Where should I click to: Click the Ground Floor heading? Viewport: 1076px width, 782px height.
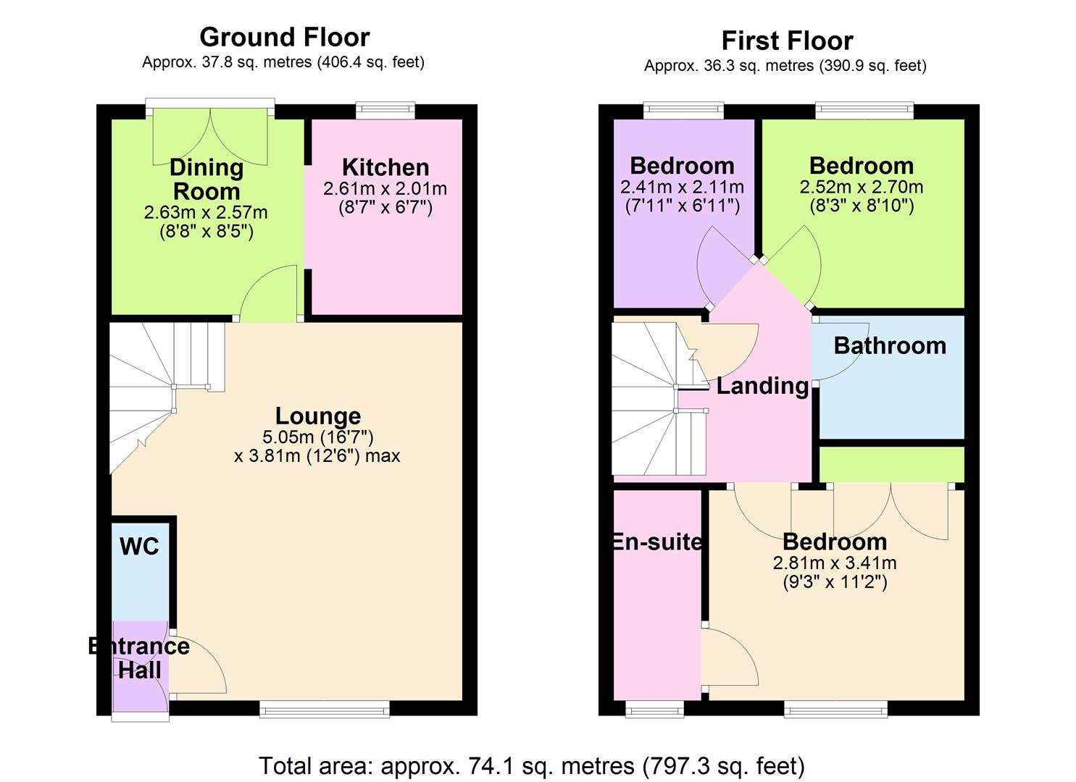click(x=284, y=37)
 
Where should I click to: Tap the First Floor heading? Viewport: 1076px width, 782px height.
click(x=787, y=41)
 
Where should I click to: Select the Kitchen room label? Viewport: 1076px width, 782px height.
click(x=385, y=167)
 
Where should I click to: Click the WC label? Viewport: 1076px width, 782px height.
click(x=139, y=547)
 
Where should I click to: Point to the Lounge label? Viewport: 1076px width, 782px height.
click(x=318, y=416)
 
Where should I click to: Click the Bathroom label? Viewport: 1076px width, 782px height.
click(x=890, y=345)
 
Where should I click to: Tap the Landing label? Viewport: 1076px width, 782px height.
click(x=762, y=386)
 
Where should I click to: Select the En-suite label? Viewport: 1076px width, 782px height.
click(x=656, y=542)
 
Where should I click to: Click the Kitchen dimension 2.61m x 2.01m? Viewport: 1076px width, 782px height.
click(x=385, y=189)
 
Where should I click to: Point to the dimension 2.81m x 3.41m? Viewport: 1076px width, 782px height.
click(x=835, y=563)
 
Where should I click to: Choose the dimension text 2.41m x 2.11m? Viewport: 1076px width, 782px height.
click(x=682, y=187)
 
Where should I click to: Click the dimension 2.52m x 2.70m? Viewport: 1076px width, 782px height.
click(x=862, y=187)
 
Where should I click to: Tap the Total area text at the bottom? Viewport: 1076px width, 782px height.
click(x=532, y=765)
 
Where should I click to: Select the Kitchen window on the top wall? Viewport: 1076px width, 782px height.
click(x=385, y=111)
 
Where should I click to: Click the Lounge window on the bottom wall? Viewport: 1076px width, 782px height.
click(x=325, y=709)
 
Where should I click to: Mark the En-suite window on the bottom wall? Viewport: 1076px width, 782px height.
click(x=654, y=709)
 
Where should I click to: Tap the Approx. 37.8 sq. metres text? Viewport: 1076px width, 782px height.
click(x=283, y=62)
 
